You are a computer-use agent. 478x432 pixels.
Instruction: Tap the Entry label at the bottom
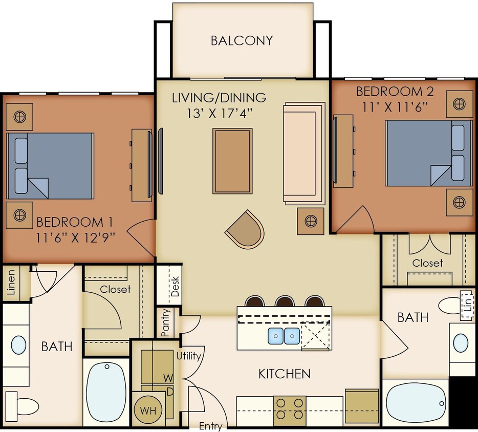click(x=210, y=426)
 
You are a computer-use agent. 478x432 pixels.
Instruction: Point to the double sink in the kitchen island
click(x=284, y=336)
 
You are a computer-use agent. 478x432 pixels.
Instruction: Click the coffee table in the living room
click(x=232, y=161)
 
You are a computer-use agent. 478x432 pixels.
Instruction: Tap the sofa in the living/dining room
click(x=303, y=153)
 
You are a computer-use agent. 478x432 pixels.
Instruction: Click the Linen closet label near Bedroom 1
click(x=11, y=283)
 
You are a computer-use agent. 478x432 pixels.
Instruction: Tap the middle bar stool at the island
click(x=284, y=301)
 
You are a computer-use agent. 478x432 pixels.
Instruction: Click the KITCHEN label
click(x=284, y=374)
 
